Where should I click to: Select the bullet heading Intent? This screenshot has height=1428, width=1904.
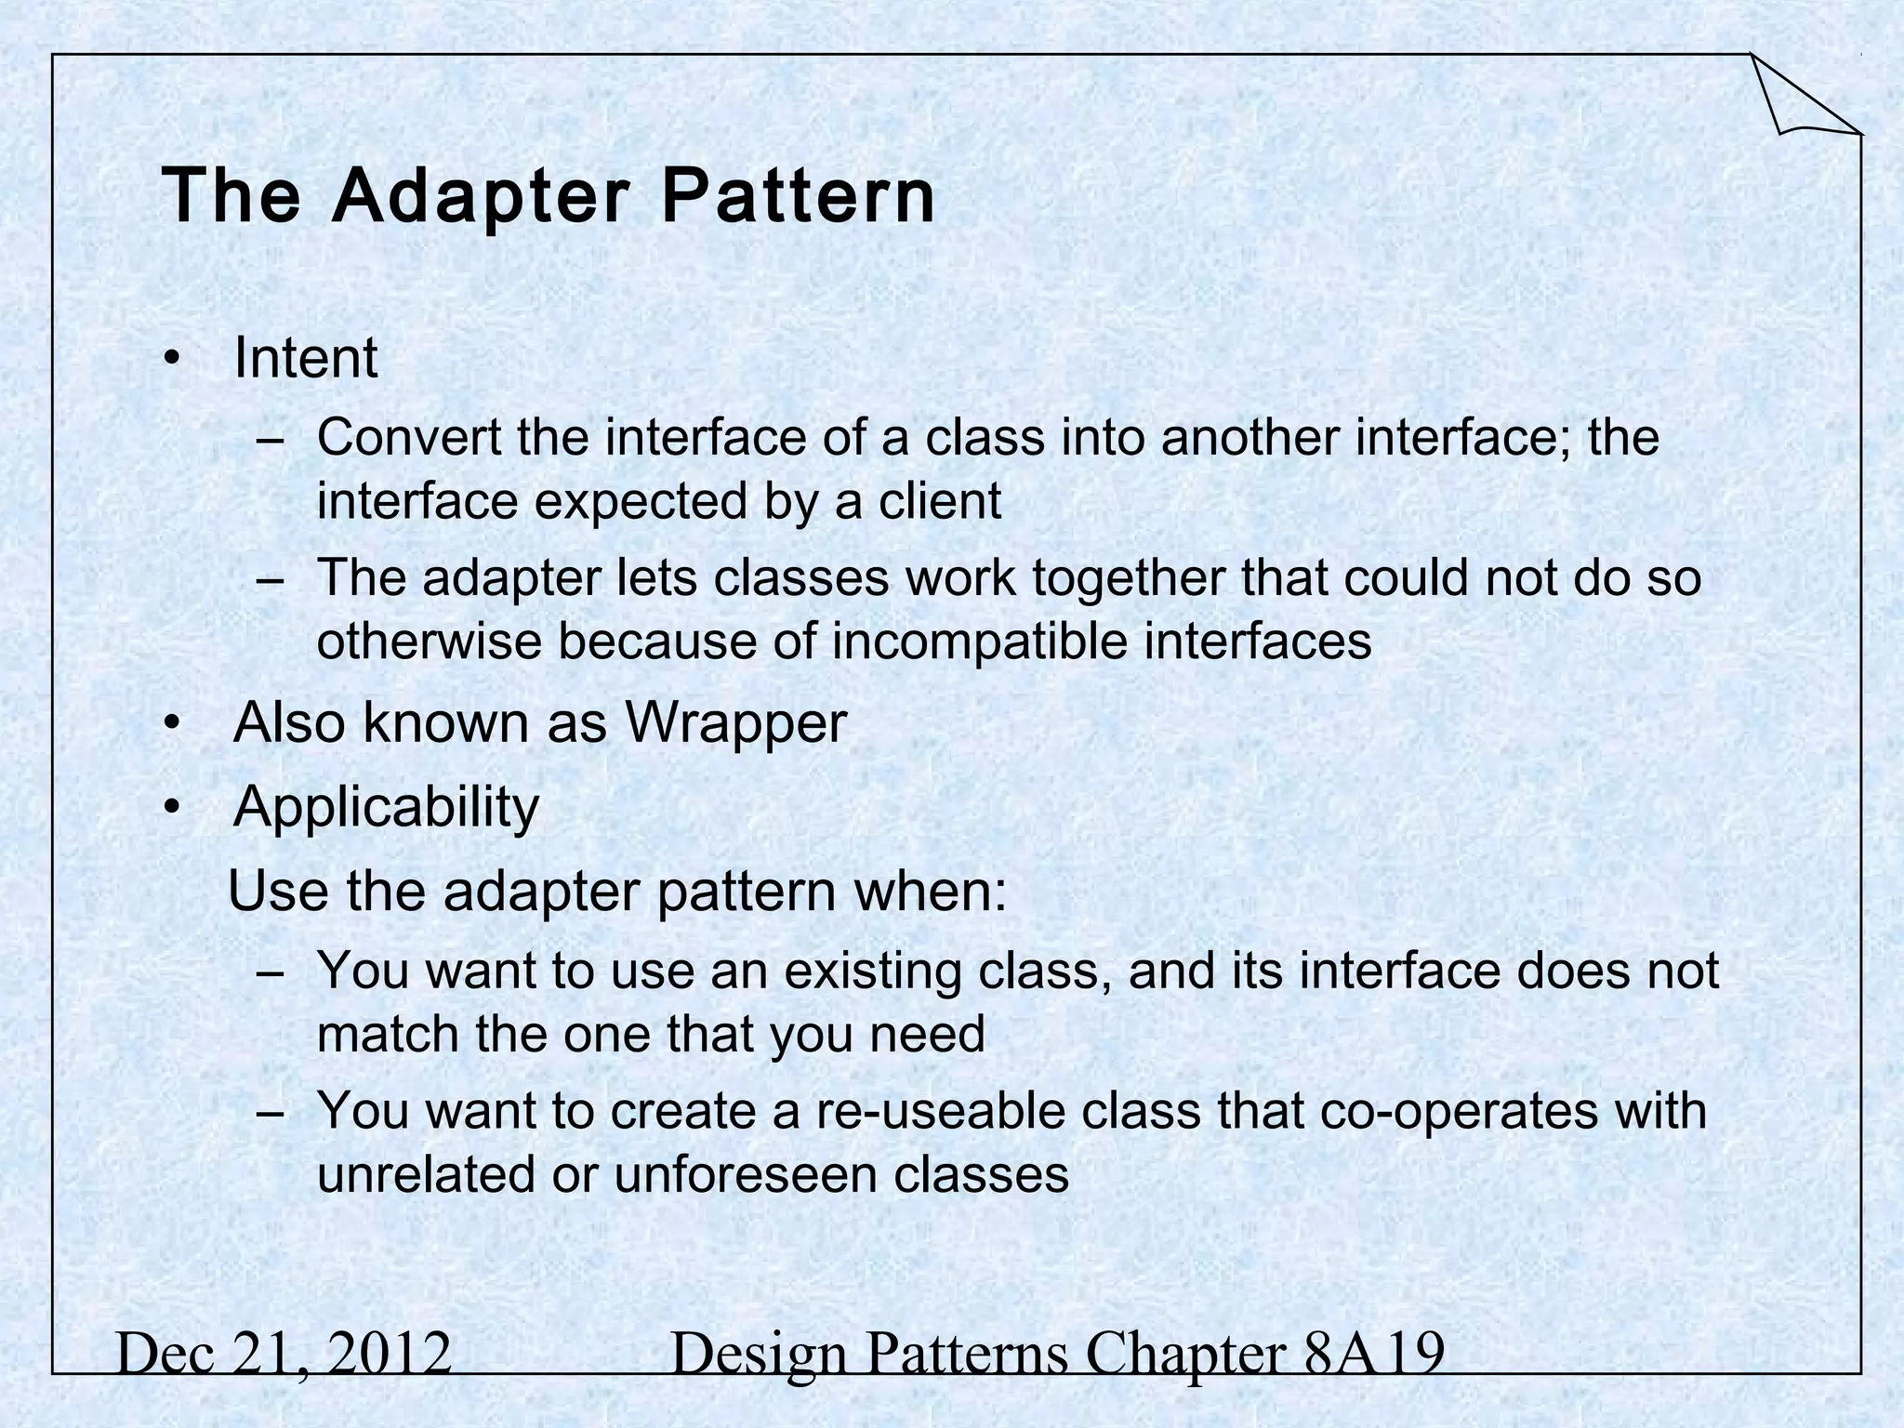point(305,358)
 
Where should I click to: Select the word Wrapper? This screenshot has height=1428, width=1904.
point(734,722)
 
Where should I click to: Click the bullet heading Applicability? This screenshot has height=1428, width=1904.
point(386,806)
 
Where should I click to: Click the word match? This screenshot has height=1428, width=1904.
point(388,1035)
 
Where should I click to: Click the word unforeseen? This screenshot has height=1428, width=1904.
point(745,1175)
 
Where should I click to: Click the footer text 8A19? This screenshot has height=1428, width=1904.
point(1374,1354)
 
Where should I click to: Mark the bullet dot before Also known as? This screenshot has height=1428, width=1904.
point(170,724)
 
